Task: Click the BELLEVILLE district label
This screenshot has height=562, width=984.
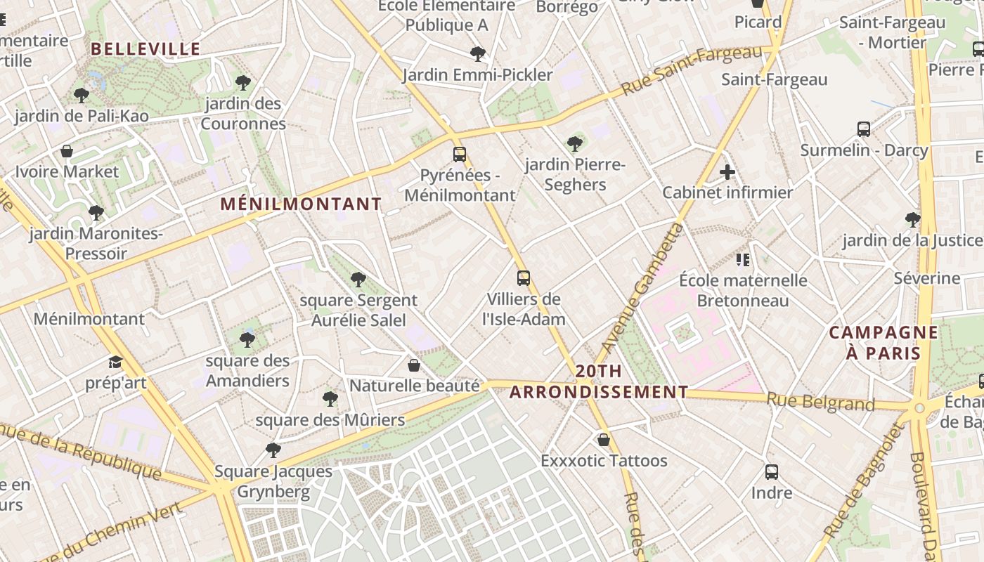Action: click(x=145, y=48)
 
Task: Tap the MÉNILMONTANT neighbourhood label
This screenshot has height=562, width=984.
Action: click(x=301, y=204)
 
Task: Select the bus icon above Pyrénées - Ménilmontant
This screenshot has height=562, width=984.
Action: click(x=460, y=155)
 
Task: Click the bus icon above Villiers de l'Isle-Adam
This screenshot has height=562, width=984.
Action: click(x=524, y=277)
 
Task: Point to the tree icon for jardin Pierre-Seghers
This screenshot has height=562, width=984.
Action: click(x=575, y=144)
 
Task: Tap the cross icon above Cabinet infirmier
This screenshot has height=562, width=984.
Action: click(x=727, y=172)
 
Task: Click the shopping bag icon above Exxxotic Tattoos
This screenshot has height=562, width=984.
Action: click(x=603, y=440)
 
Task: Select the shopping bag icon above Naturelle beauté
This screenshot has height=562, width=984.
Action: click(x=414, y=365)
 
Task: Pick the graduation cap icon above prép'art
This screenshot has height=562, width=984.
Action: click(x=115, y=362)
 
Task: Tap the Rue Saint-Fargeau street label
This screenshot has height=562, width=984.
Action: click(x=692, y=70)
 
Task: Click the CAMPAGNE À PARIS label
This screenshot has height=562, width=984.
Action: click(x=883, y=342)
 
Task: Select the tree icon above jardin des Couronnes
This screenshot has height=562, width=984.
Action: click(x=243, y=83)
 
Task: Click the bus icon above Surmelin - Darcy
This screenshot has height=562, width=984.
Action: click(x=864, y=129)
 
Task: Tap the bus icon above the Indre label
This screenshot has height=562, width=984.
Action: click(x=772, y=472)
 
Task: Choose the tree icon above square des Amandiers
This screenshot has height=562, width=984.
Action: click(x=247, y=340)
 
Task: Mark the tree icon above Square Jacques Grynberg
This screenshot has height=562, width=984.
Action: click(x=273, y=450)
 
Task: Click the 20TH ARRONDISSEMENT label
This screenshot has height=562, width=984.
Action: click(x=599, y=381)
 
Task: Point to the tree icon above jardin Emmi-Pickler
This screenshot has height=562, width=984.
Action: click(x=478, y=53)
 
